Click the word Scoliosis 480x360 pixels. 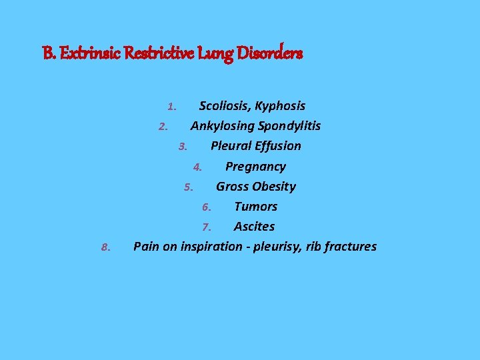[224, 105]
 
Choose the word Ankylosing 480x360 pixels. [221, 126]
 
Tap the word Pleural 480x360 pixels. [231, 145]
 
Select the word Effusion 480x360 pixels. [277, 145]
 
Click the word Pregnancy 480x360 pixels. [255, 167]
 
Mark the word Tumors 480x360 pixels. [255, 207]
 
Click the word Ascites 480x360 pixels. [254, 227]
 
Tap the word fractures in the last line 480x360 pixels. [350, 247]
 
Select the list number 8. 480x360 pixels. [105, 248]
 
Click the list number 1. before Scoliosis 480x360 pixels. [172, 107]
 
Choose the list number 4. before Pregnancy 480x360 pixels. [197, 167]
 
